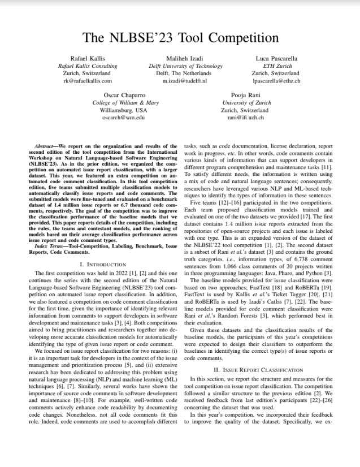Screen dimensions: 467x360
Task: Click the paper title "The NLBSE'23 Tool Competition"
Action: (180, 38)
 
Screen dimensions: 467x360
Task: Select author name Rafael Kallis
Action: (88, 58)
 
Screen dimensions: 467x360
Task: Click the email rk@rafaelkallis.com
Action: (88, 81)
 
